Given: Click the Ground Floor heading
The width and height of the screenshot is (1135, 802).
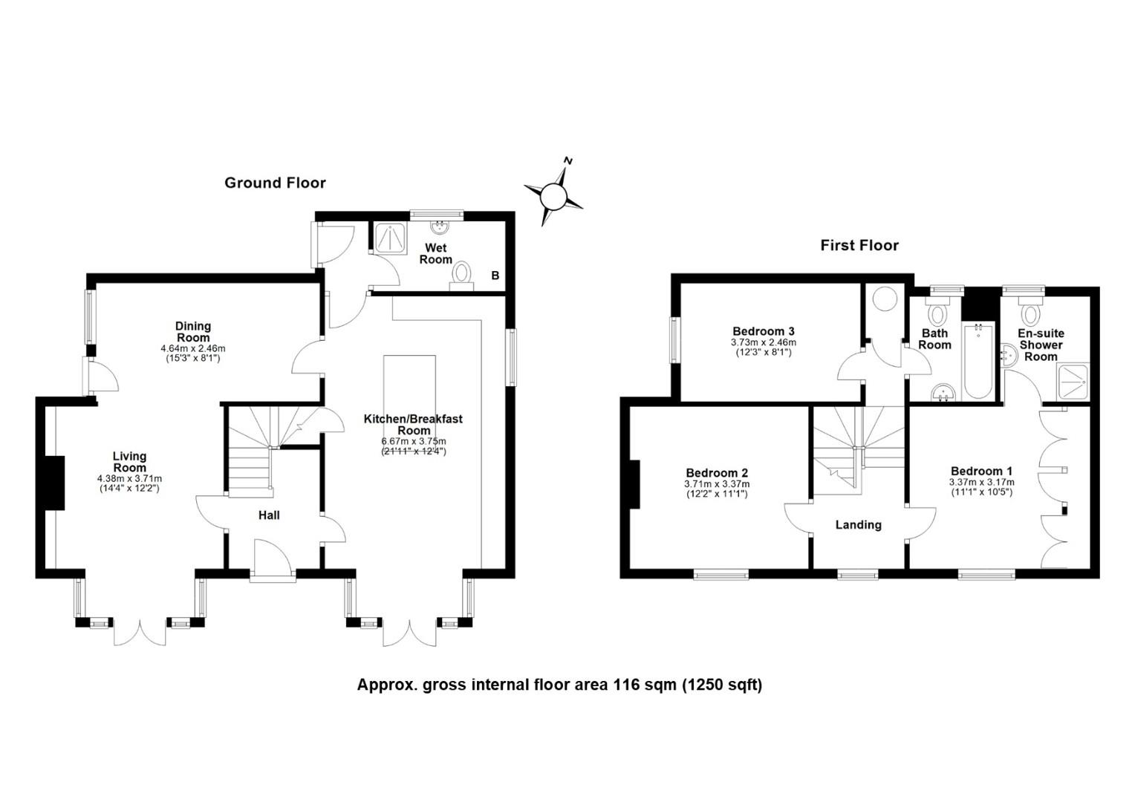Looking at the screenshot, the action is pos(275,183).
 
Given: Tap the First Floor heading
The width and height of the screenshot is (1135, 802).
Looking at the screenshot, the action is pos(859,246).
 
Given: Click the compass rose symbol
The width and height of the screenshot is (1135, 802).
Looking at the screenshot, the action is pos(553,195).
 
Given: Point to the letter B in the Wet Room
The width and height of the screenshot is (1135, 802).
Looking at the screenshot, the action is pos(495,276).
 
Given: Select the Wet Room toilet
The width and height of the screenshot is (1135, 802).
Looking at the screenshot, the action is pos(461,276).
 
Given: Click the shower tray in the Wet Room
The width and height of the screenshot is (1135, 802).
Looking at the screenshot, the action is pos(391,238).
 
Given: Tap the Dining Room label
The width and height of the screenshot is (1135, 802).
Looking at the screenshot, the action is pos(193,332).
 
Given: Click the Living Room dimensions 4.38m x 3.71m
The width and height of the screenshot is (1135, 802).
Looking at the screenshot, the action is pos(130,479).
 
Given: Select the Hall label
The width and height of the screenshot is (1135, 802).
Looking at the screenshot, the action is pos(269,515).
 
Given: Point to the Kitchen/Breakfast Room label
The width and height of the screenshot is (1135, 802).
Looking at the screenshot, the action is pos(414,425).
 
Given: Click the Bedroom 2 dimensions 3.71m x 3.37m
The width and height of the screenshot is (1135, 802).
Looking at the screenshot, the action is pos(717,484).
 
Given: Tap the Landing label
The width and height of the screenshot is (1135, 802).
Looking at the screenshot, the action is pos(859,525).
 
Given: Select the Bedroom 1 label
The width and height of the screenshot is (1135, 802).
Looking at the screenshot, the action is pos(981,471).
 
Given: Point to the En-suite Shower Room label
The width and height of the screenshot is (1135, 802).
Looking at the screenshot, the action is pos(1041,345).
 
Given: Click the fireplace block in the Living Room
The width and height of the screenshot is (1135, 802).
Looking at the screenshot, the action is pos(55,483).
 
